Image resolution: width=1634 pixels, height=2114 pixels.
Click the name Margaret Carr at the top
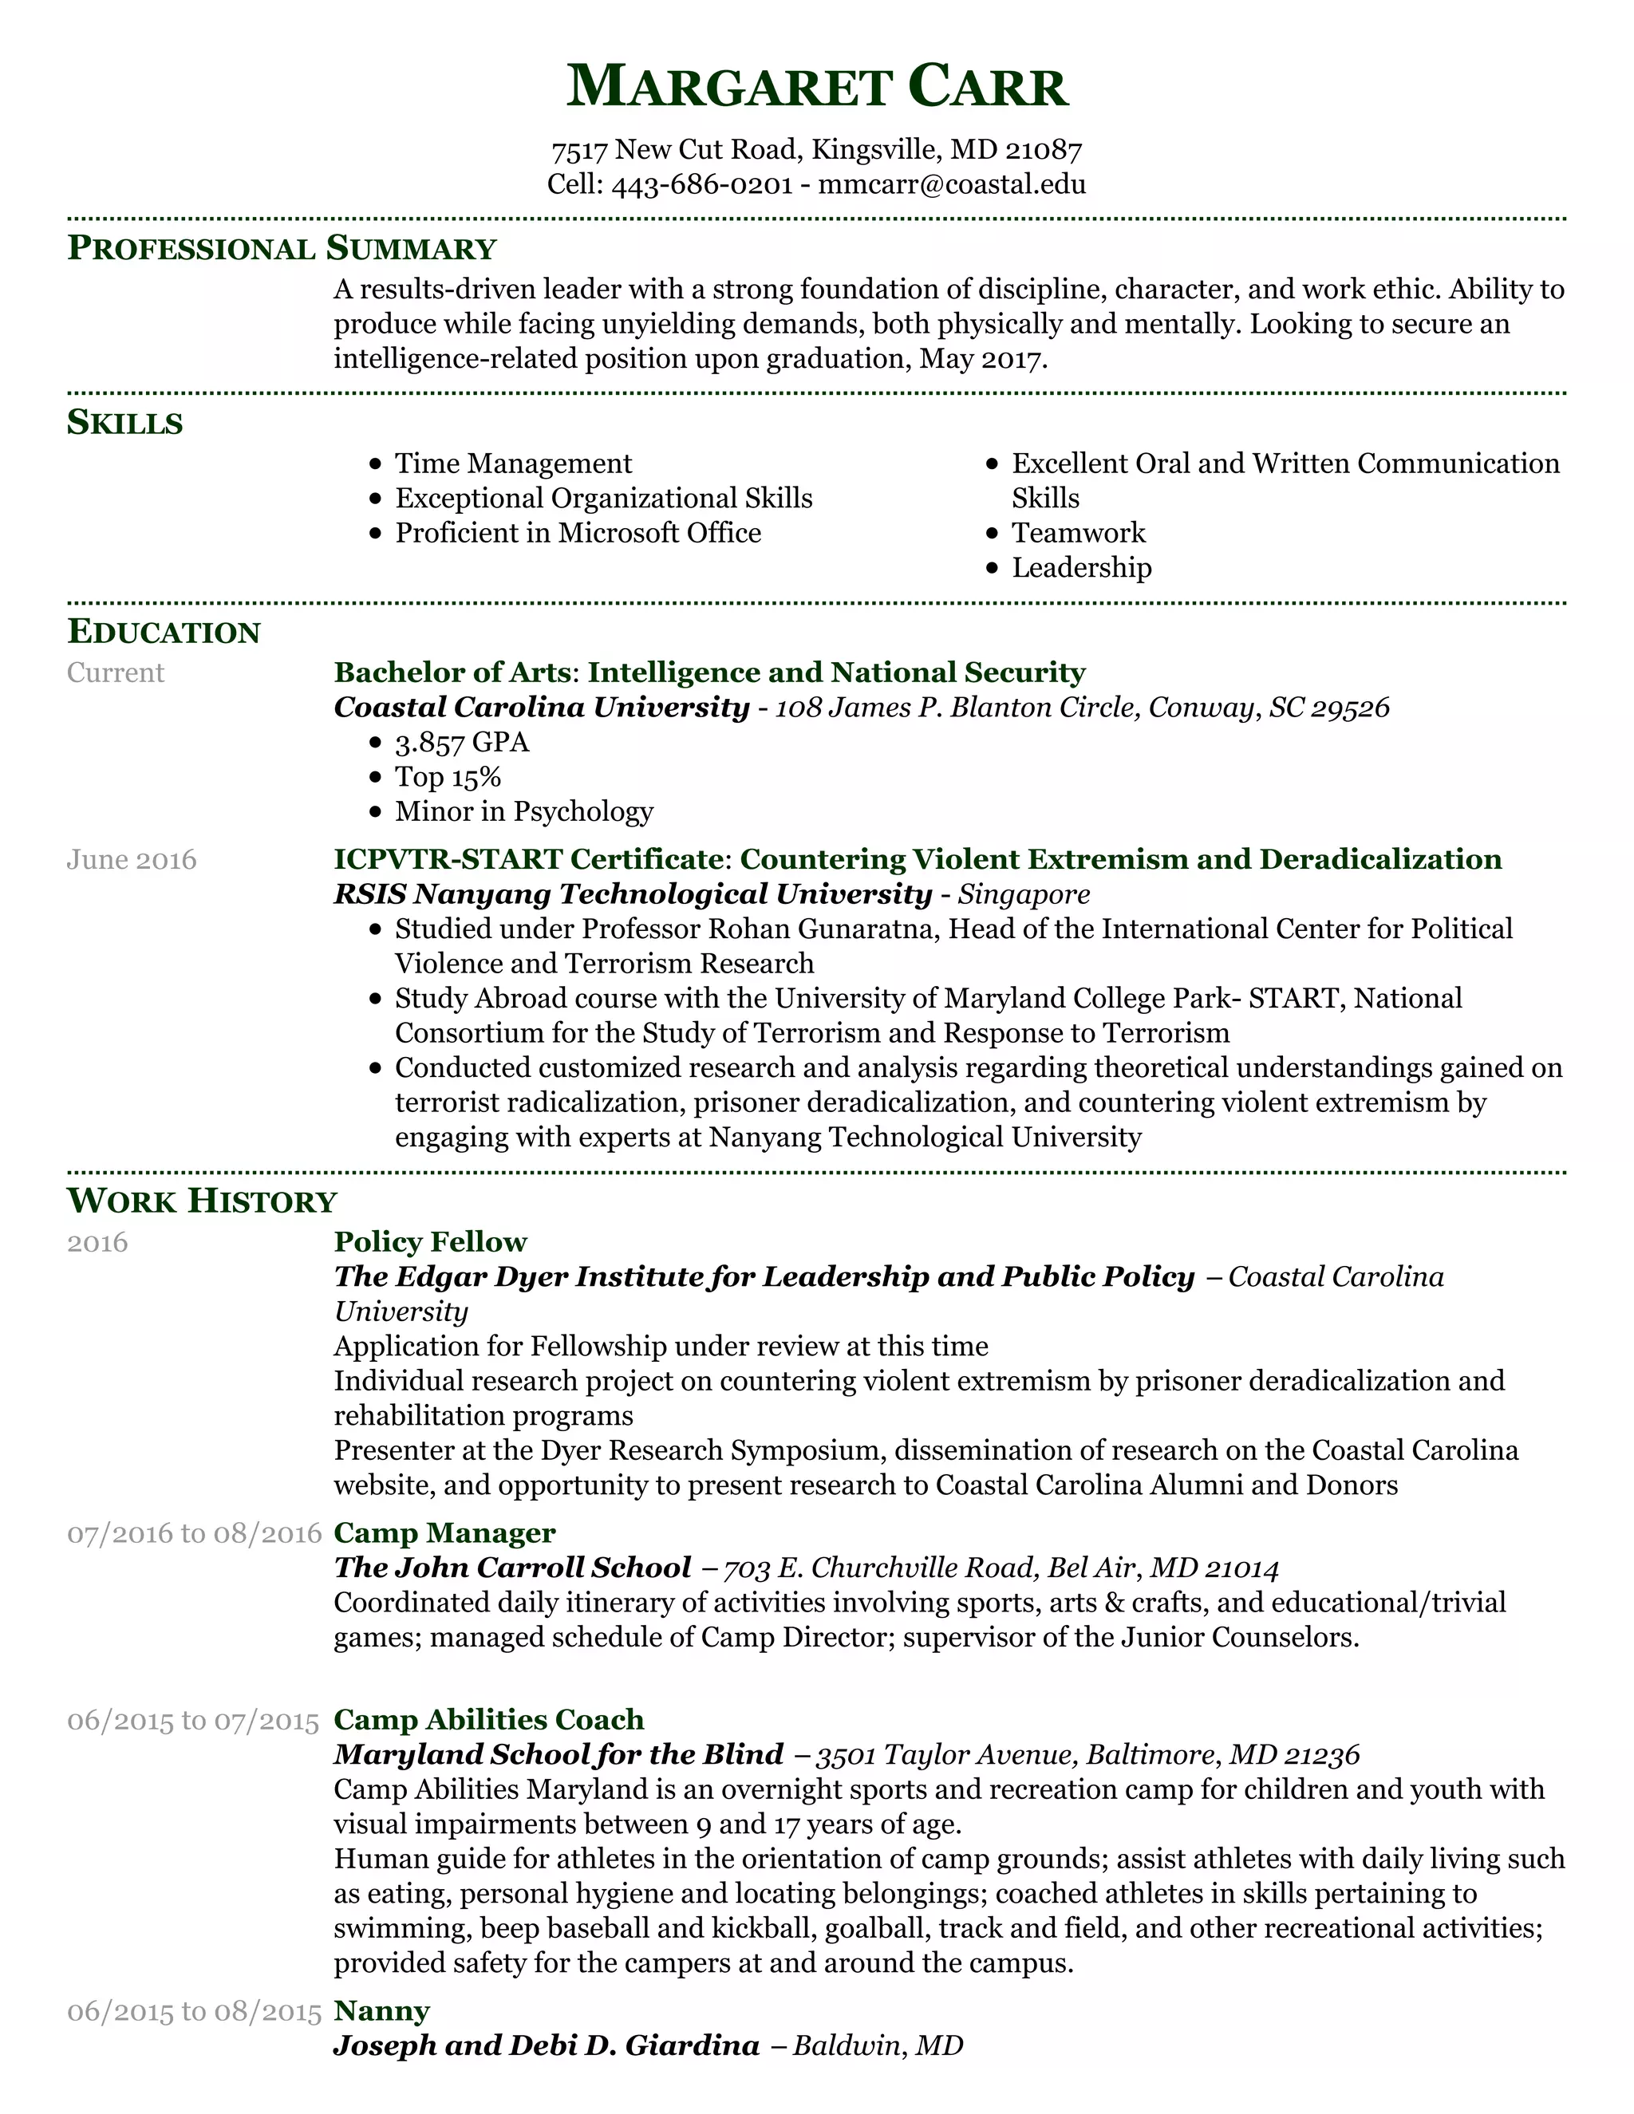tap(816, 87)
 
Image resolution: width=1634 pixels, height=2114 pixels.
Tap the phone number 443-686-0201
tap(702, 184)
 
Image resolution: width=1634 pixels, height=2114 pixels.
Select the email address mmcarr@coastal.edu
tap(952, 184)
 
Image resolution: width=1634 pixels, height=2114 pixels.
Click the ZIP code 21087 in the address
tap(1044, 149)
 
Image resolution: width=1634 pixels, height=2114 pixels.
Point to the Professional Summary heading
tap(281, 249)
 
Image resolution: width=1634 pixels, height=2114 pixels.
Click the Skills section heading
tap(125, 423)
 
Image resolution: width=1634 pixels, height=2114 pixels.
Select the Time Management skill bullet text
tap(513, 463)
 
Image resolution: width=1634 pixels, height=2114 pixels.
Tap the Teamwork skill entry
tap(1079, 534)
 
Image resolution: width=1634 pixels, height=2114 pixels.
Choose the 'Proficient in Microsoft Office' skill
tap(578, 534)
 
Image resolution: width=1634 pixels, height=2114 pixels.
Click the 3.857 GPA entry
tap(462, 743)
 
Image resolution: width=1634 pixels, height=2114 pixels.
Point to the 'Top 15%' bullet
tap(448, 777)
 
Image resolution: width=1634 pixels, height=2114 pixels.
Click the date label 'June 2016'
tap(132, 859)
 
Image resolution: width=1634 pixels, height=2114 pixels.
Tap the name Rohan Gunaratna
tap(822, 929)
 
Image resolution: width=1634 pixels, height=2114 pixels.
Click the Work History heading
tap(201, 1201)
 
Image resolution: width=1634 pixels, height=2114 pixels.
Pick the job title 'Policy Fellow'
tap(430, 1242)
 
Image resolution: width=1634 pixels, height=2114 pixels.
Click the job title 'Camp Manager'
tap(444, 1533)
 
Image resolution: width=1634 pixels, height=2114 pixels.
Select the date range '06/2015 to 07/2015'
tap(192, 1720)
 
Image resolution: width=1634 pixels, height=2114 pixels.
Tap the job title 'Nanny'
tap(381, 2011)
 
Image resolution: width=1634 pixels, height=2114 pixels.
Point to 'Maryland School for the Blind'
tap(558, 1755)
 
